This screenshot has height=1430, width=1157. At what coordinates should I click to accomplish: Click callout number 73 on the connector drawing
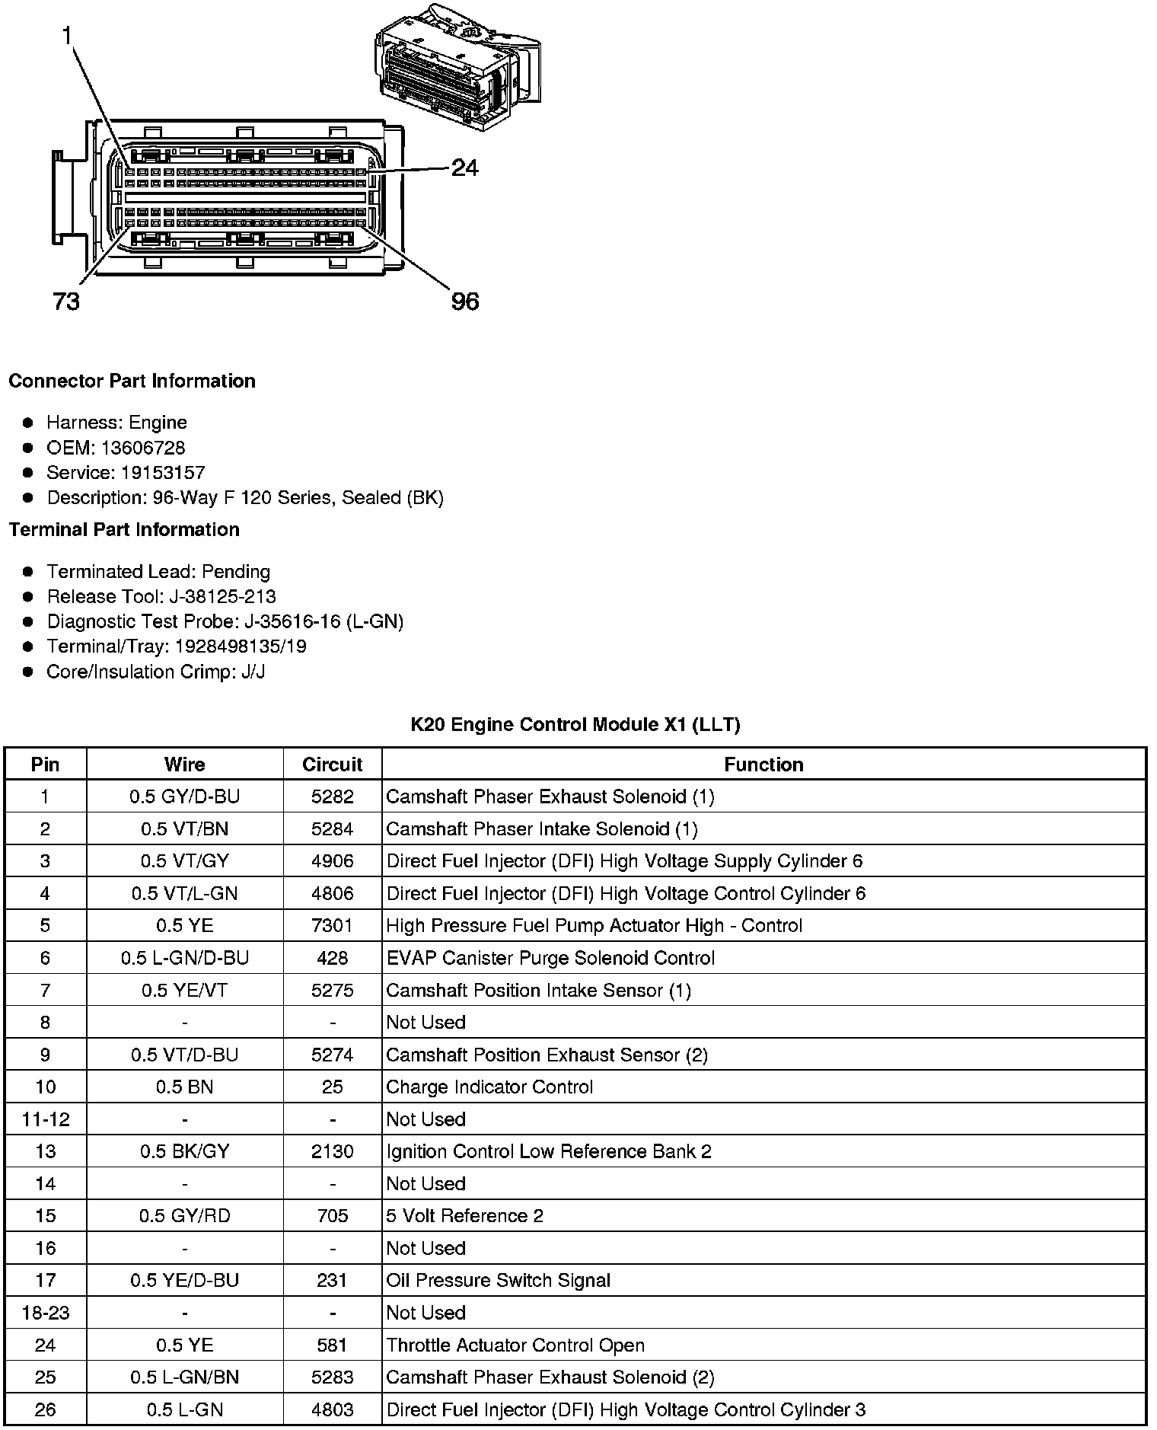click(x=66, y=302)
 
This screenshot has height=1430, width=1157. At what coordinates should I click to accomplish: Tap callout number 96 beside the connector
click(x=465, y=302)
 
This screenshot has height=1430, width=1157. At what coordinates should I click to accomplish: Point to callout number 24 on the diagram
click(x=464, y=168)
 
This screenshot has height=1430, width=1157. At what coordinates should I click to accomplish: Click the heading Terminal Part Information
click(x=124, y=530)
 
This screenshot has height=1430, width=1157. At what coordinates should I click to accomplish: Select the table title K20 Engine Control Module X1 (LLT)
click(x=575, y=724)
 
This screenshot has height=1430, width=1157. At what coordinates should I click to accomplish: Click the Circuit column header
click(x=332, y=764)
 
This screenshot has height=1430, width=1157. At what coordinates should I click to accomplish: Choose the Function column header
click(x=763, y=764)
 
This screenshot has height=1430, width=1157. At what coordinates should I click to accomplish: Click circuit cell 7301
click(x=332, y=926)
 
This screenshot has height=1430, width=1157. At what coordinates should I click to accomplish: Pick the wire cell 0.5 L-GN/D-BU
click(x=184, y=958)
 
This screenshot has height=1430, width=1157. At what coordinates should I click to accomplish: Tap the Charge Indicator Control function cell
click(x=489, y=1087)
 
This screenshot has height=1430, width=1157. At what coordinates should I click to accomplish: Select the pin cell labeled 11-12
click(x=45, y=1119)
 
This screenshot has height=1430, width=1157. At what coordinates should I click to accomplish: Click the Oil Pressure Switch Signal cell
click(x=498, y=1281)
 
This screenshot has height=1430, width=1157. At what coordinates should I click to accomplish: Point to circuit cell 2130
click(x=332, y=1151)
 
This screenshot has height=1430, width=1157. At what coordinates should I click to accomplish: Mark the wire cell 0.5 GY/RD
click(x=184, y=1216)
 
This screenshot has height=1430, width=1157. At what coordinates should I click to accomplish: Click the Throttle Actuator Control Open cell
click(x=515, y=1345)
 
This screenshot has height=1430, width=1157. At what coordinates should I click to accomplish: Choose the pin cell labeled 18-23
click(x=45, y=1313)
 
